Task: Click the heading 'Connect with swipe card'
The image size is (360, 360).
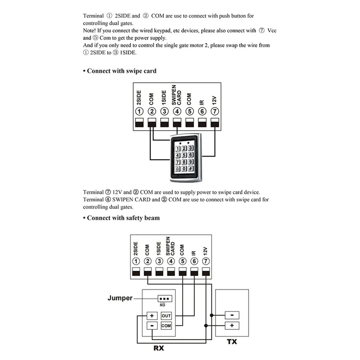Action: tap(121, 71)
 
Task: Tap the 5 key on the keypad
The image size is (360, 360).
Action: tap(184, 155)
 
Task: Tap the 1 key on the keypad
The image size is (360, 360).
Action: tap(178, 148)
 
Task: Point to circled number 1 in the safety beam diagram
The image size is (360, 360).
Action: tap(135, 261)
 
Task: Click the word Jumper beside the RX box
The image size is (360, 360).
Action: tap(120, 298)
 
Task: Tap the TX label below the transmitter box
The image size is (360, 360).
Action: tap(231, 342)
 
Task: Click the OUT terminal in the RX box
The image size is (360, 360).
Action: tap(166, 316)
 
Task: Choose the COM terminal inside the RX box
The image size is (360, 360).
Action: tap(166, 325)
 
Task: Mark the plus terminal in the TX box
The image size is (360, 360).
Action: tap(232, 325)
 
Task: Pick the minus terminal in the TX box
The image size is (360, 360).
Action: tap(232, 315)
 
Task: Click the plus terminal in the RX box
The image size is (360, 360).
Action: tap(152, 316)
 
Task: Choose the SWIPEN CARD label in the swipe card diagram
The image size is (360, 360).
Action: tap(177, 95)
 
